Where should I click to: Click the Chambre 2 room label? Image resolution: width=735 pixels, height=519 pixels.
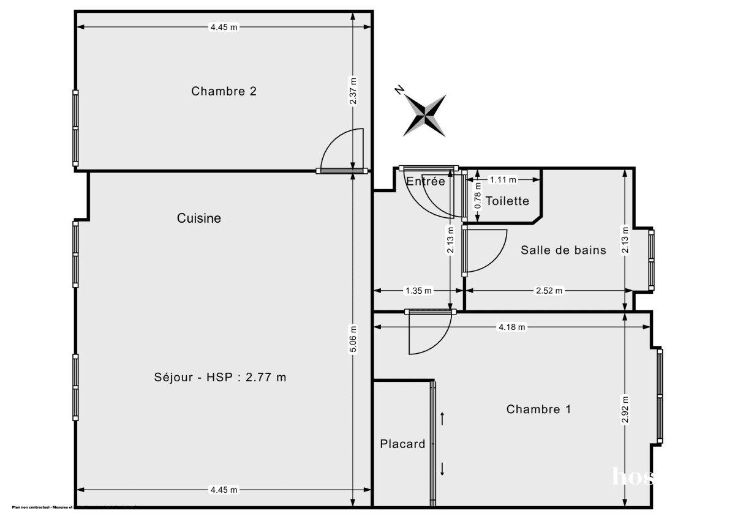(x=224, y=91)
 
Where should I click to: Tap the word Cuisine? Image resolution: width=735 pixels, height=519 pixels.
(x=199, y=218)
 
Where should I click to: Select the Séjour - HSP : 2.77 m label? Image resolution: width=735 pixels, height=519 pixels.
(x=220, y=377)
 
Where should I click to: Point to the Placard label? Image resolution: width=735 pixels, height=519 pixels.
(x=402, y=444)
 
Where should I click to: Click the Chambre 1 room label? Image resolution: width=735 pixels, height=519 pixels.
(x=538, y=409)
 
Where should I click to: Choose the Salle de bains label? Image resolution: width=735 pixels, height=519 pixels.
(x=563, y=250)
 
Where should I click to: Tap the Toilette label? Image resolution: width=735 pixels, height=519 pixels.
(x=507, y=201)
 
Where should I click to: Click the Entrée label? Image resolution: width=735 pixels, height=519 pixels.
(x=426, y=181)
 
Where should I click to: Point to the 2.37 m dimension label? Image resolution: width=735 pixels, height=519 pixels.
(x=353, y=91)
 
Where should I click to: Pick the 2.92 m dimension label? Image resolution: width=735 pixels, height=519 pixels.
(x=624, y=410)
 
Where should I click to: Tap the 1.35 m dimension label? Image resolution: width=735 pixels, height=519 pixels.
(x=419, y=291)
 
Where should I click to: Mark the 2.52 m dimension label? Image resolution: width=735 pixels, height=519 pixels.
(x=549, y=291)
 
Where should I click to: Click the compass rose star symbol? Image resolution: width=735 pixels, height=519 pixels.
(x=424, y=115)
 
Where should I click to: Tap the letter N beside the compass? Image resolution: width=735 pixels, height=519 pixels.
(x=399, y=91)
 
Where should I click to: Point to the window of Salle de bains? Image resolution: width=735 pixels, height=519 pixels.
(x=651, y=259)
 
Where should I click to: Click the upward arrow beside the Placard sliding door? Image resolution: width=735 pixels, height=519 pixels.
(x=442, y=419)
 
